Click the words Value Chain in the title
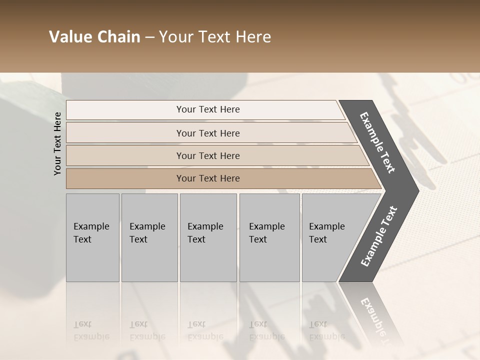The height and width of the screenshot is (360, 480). tap(94, 37)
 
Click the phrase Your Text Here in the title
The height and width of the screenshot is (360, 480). tap(215, 37)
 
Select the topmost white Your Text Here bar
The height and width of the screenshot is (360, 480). tap(207, 109)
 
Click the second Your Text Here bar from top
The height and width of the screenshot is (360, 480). tap(207, 133)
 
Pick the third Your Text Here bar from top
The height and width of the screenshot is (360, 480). tap(207, 155)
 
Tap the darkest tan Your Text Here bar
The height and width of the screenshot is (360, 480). tap(207, 178)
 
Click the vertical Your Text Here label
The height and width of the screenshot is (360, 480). tap(57, 143)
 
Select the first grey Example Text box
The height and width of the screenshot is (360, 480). tap(92, 237)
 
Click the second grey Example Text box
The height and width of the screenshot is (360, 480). tap(149, 237)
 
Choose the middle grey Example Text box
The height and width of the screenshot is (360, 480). tap(208, 237)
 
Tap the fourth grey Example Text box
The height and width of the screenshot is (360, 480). tap(269, 237)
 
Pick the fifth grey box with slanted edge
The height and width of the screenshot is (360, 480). tap(330, 237)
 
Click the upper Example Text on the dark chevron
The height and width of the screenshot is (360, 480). tap(378, 142)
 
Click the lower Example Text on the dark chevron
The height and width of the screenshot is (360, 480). tap(379, 236)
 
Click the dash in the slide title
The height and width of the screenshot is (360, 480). tap(149, 37)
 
